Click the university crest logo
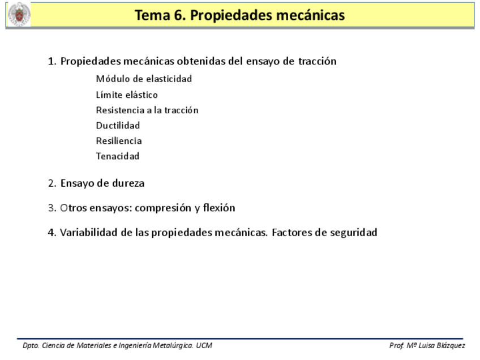[19, 15]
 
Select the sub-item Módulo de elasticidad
[144, 79]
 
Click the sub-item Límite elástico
[127, 95]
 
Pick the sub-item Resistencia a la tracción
[147, 110]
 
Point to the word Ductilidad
[118, 125]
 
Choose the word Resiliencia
[119, 140]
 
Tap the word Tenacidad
[117, 156]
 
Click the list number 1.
[52, 61]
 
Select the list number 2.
[52, 183]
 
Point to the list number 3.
[52, 208]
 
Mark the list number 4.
[52, 232]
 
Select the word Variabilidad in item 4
[88, 232]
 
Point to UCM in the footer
[204, 345]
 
